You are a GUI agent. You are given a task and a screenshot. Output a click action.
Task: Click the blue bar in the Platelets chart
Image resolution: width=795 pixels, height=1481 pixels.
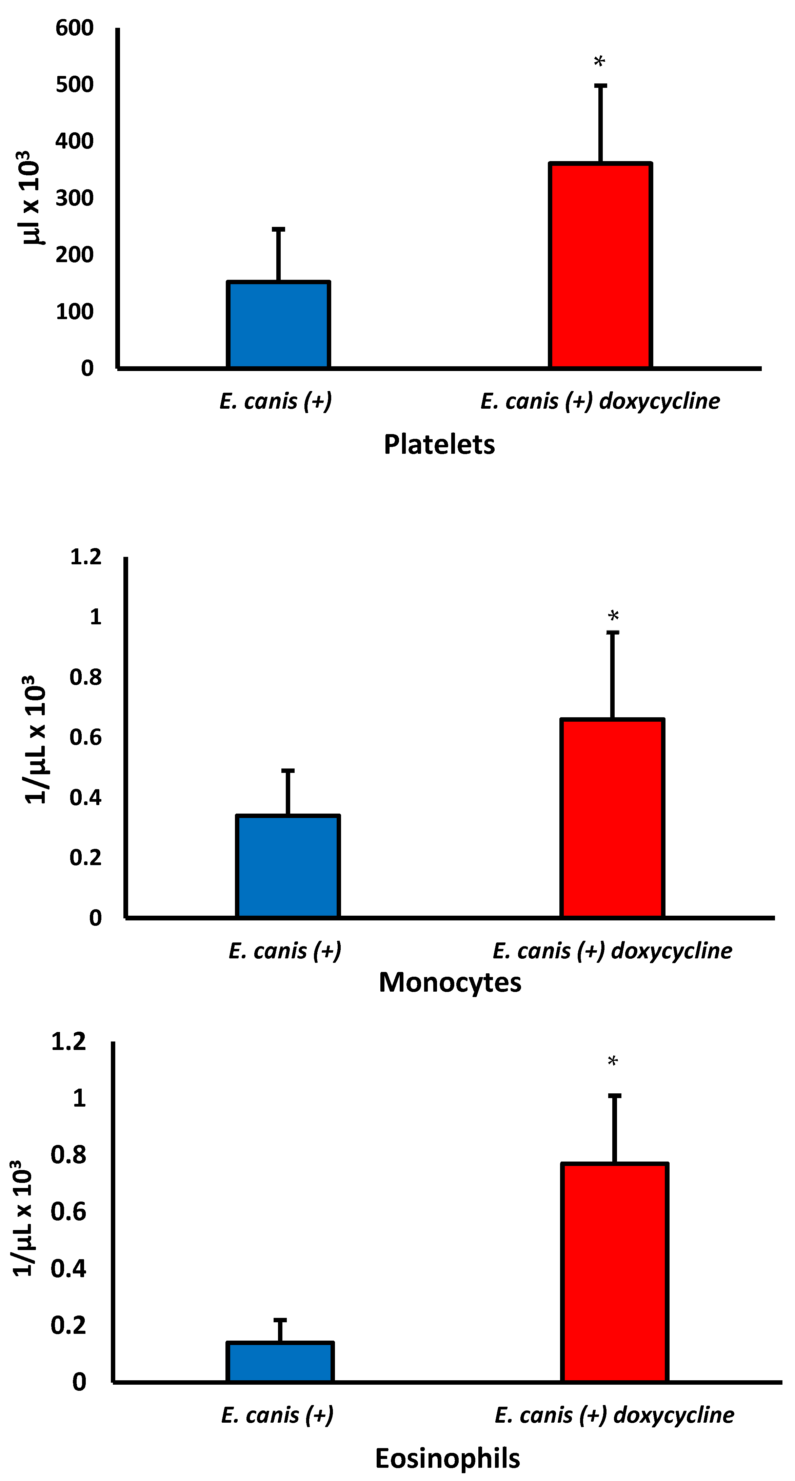(278, 325)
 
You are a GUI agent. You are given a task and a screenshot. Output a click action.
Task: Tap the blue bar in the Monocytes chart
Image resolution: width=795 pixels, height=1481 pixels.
(288, 866)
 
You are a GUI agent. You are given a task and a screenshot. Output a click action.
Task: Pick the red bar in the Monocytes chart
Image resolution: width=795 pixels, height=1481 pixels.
(613, 818)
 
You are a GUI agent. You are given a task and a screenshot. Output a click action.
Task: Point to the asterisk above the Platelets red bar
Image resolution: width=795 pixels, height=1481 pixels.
(599, 61)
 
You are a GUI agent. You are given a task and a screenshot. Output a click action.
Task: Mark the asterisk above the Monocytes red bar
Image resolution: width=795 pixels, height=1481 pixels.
(613, 616)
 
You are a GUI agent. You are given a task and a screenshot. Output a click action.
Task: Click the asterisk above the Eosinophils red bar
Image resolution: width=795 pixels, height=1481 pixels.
(613, 1061)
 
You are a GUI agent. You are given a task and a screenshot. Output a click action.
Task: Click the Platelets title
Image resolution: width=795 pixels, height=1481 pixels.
(439, 444)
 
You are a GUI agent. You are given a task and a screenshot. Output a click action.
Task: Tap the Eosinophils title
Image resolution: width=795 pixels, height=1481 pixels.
(447, 1459)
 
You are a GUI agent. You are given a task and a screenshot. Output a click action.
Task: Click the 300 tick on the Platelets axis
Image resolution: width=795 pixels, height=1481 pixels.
(74, 198)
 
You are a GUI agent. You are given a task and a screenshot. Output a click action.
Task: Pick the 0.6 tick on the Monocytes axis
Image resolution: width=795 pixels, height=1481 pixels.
(85, 737)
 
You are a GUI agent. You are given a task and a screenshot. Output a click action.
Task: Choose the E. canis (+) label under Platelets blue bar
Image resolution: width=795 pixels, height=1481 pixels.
(276, 401)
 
